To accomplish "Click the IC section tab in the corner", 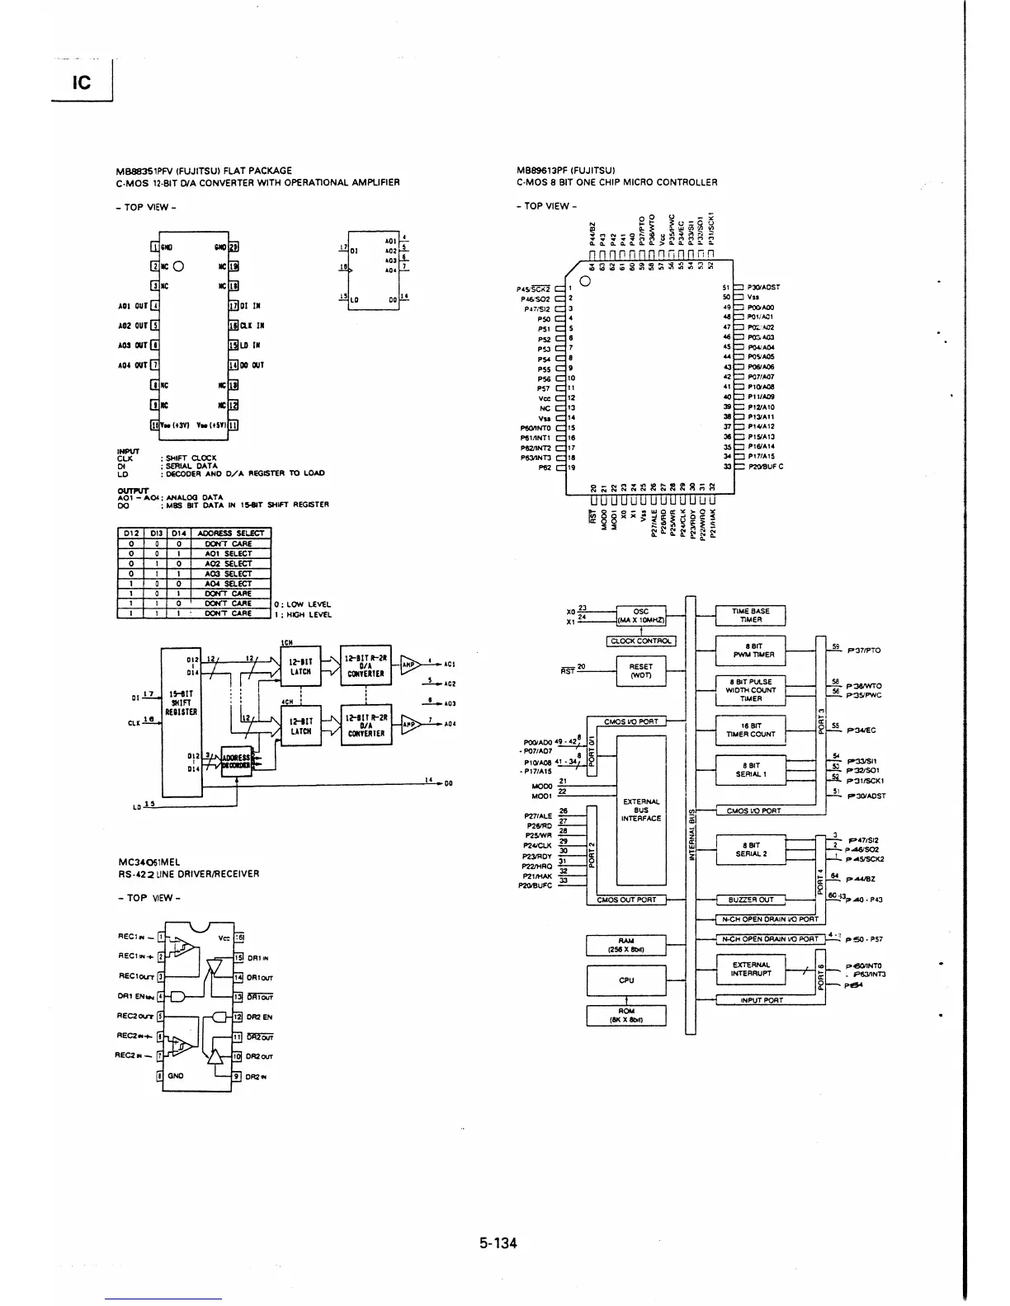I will pos(80,83).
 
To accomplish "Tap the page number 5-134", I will pos(498,1243).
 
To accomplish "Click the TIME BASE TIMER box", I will pos(750,616).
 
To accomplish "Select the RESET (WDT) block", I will pos(640,670).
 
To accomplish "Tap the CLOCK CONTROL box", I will pos(640,641).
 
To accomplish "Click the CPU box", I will pos(625,980).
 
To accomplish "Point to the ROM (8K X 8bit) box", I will pos(625,1015).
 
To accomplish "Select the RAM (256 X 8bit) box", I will pos(625,945).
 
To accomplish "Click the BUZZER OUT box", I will pos(750,900).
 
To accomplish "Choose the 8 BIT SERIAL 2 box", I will pos(750,849).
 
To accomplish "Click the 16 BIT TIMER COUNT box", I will pos(750,730).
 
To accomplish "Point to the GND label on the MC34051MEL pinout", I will pos(176,1076).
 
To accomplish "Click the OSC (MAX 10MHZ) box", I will pos(640,616).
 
